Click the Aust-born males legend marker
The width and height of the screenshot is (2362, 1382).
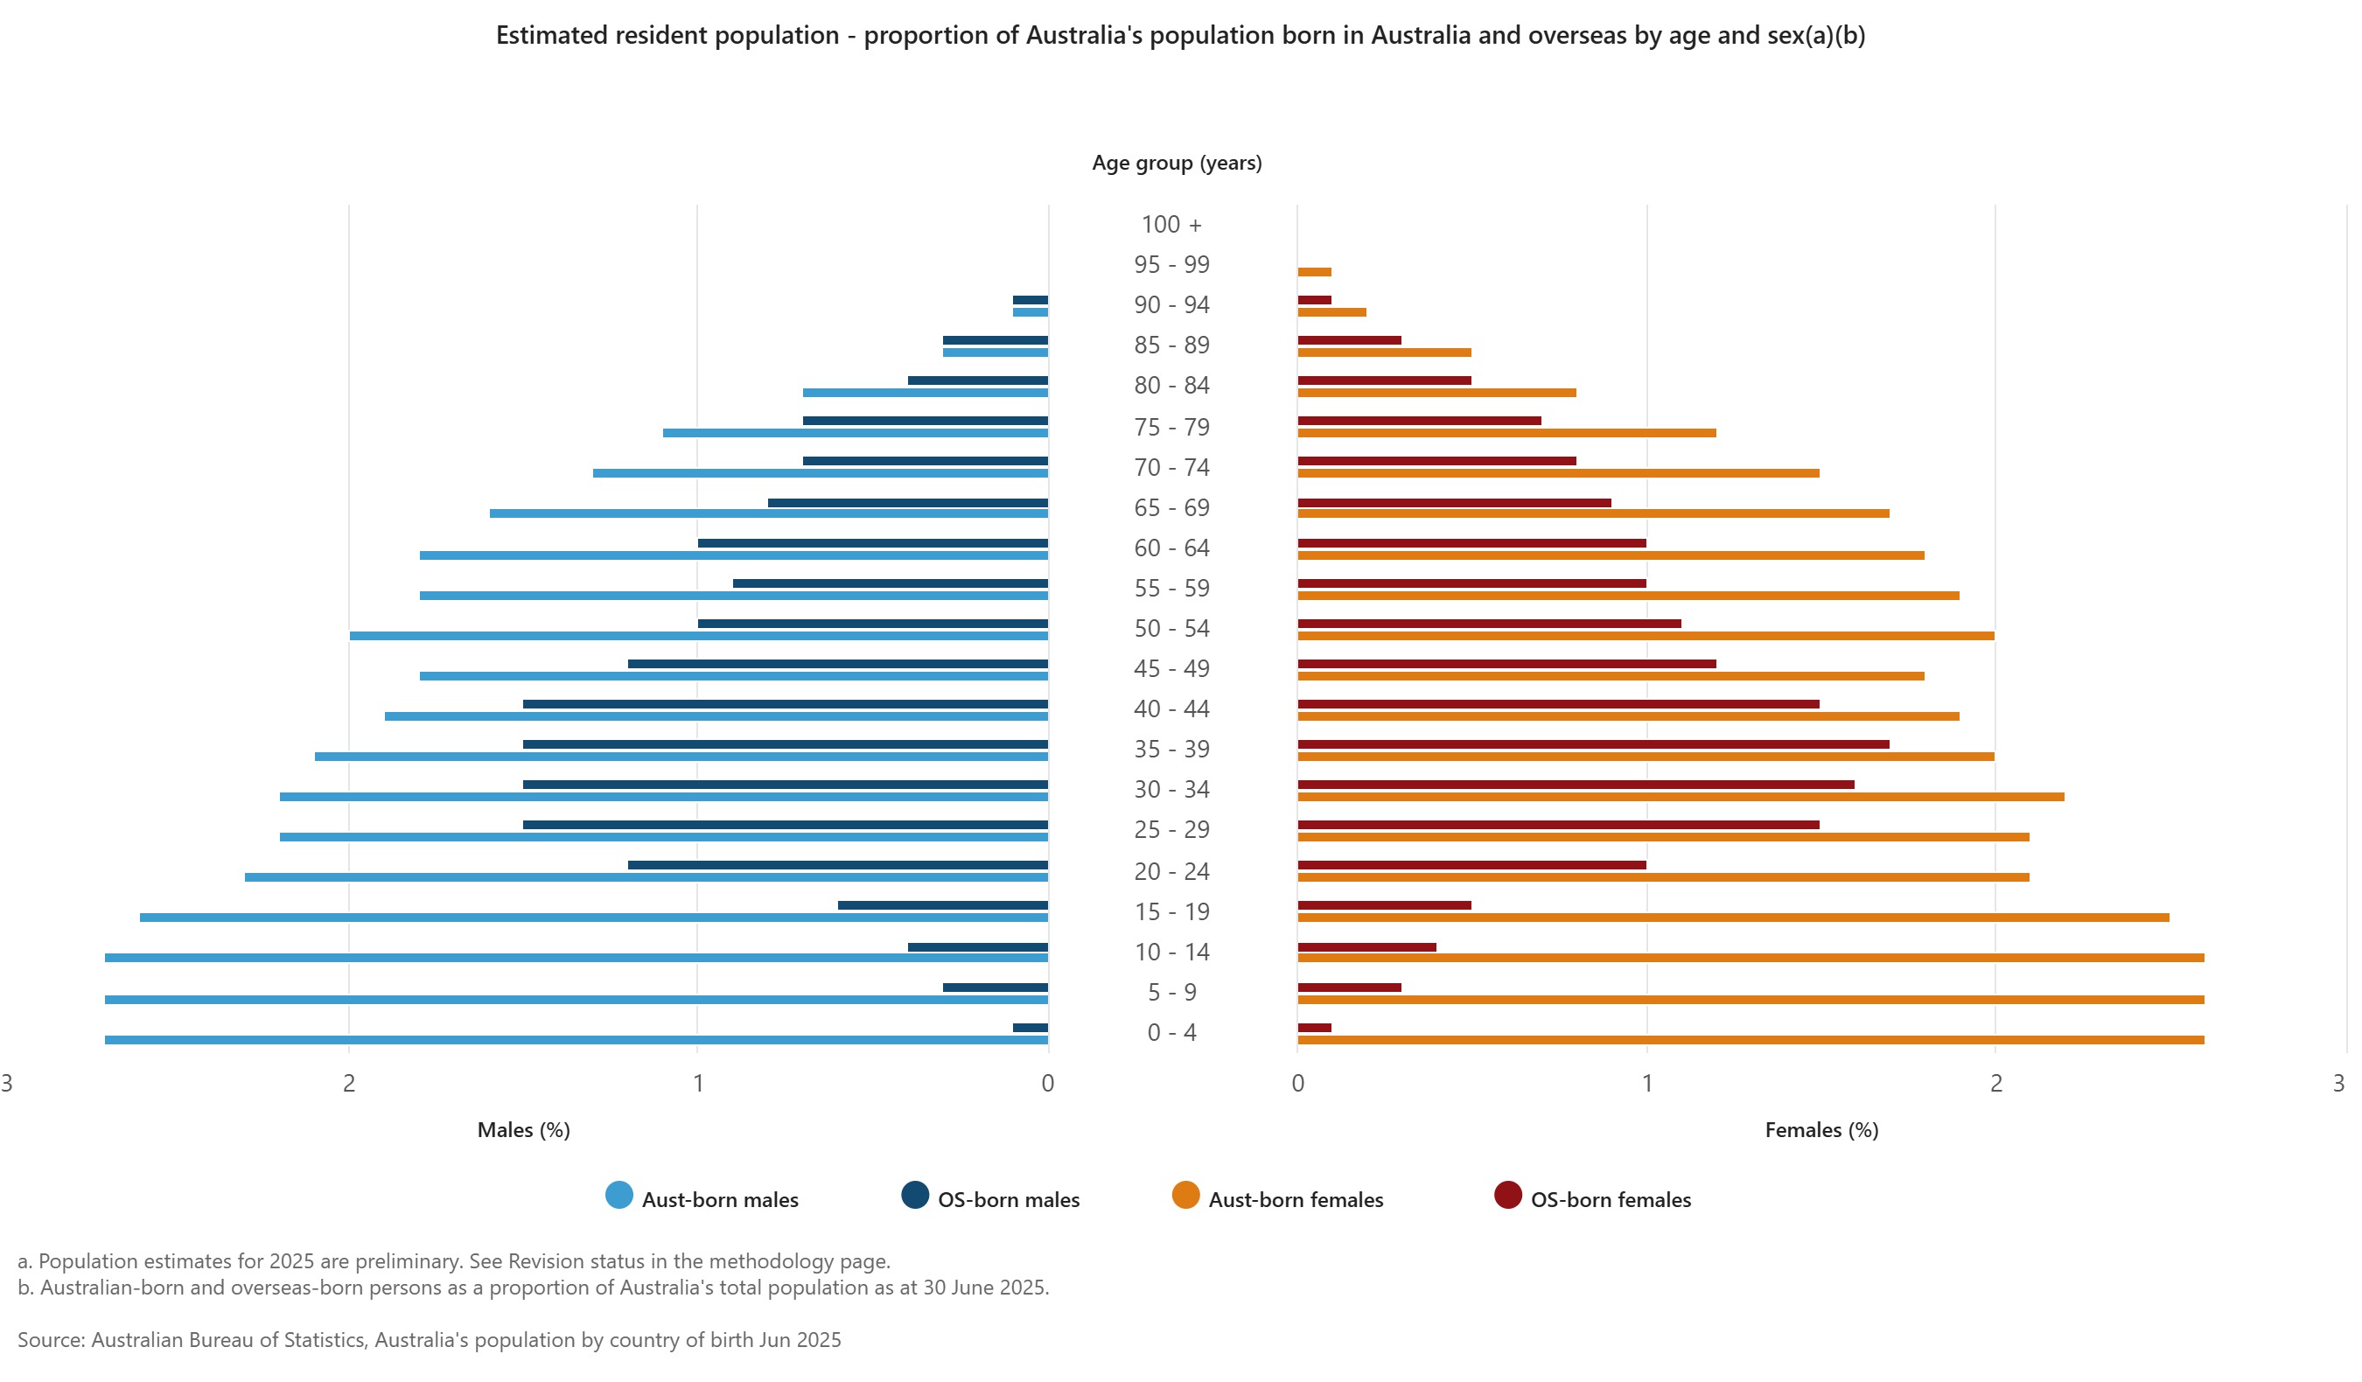[618, 1196]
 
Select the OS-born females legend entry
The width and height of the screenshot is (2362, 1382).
[1610, 1199]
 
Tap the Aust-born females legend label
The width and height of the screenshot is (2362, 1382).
[1296, 1199]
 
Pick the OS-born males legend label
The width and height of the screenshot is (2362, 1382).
[1008, 1199]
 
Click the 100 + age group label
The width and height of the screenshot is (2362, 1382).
[1171, 225]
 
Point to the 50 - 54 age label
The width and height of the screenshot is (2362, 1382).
[1171, 629]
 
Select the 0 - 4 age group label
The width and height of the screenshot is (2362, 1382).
[1171, 1032]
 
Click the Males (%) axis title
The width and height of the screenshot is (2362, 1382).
[523, 1130]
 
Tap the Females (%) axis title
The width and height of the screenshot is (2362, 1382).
[1820, 1130]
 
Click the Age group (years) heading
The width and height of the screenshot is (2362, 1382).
[1177, 163]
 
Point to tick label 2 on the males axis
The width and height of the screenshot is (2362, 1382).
[349, 1083]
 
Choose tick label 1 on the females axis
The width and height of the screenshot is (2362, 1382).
[1646, 1083]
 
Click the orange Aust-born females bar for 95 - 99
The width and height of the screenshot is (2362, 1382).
[1314, 273]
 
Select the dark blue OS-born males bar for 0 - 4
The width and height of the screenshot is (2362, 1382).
[1031, 1028]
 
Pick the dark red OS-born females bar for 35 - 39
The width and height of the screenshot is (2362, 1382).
[1592, 745]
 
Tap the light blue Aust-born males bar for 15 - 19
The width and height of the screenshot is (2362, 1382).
[593, 918]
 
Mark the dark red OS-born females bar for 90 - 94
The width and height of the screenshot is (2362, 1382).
[1314, 301]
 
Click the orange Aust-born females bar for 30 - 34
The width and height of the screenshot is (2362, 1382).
[1680, 798]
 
